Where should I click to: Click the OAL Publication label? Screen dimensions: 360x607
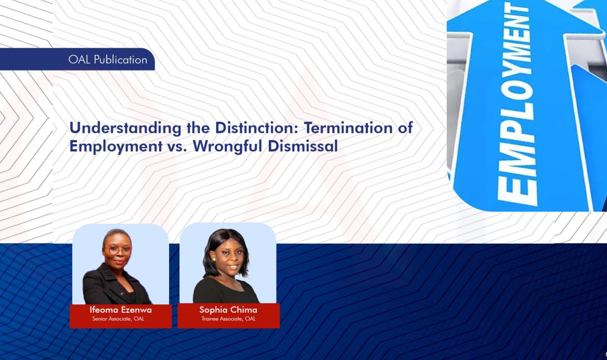pos(107,60)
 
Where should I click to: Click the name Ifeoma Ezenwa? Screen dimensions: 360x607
pos(120,310)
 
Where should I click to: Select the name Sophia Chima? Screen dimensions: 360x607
pos(228,310)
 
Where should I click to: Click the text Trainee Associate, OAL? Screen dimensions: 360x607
pos(228,319)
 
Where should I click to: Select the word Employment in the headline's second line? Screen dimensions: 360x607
pos(116,146)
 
